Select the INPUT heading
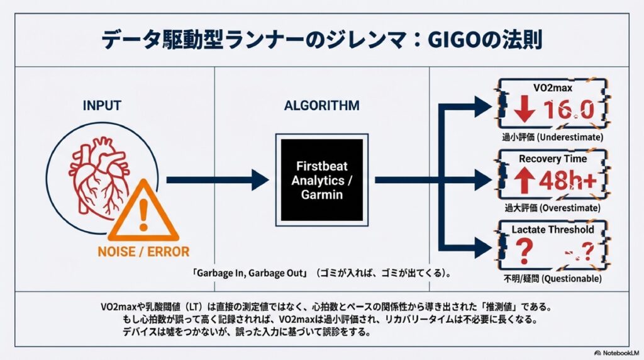point(101,105)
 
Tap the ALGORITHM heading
point(321,105)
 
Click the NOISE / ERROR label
point(143,252)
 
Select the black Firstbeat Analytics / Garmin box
point(321,179)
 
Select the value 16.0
point(569,111)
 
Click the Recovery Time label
point(552,159)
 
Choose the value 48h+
point(569,182)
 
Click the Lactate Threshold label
point(552,230)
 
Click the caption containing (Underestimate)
point(553,137)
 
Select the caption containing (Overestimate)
point(553,207)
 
